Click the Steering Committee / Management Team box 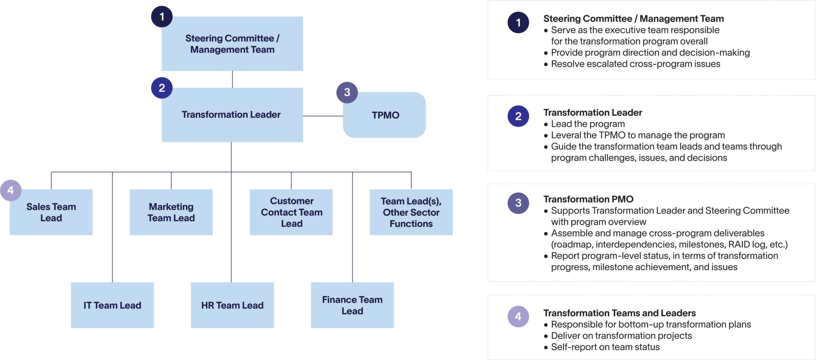232,44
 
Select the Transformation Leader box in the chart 232,115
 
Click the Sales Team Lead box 51,212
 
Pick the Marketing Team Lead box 171,212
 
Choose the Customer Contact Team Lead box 291,212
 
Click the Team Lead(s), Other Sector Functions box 411,212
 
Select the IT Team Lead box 112,305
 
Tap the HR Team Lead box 232,305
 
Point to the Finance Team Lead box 352,305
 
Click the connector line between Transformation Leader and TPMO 323,116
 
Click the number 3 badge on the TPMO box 347,92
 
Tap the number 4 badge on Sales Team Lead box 11,191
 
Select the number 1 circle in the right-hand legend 518,23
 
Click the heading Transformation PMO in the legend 588,199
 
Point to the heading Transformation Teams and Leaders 619,313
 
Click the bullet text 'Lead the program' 588,124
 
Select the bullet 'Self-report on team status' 605,347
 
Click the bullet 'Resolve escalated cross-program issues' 635,64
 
